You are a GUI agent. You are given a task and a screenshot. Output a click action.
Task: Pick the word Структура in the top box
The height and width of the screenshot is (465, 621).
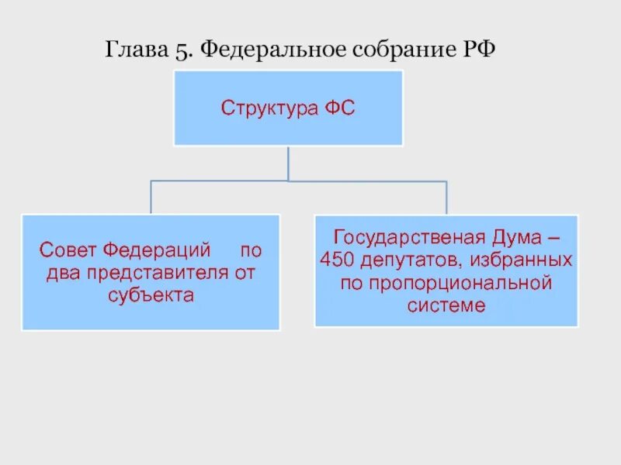coord(266,108)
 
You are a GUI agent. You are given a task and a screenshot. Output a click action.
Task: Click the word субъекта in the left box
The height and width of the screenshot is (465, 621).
coord(151,295)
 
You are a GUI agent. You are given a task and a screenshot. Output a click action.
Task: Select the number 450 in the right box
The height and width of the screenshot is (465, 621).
coord(335,259)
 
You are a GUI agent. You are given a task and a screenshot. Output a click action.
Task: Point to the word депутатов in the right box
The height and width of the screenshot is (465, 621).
coord(408,259)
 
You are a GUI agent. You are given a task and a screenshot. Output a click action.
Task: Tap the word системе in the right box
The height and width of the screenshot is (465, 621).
coord(446,305)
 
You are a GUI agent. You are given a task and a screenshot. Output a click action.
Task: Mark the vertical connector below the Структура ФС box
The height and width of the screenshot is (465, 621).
coord(288,163)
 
